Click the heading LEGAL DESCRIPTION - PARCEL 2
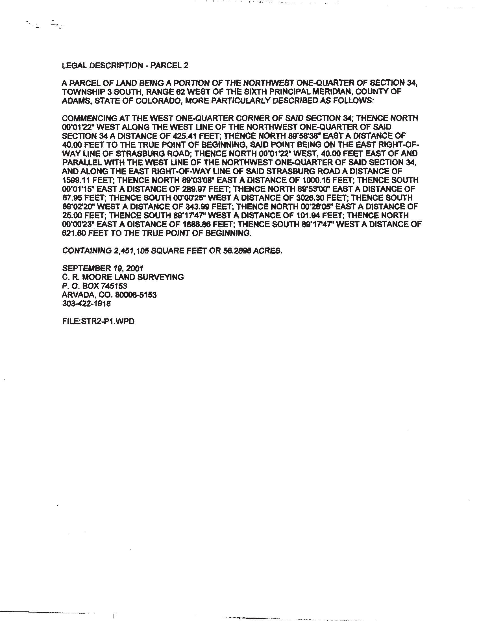tap(125, 66)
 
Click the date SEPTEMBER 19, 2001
tap(103, 268)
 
